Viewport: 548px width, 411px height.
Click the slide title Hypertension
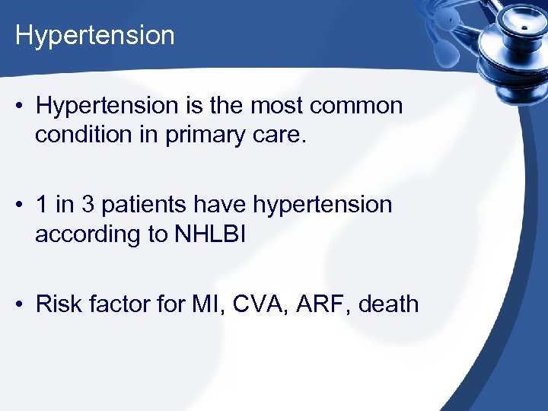(95, 36)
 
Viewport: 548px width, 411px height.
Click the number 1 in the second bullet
(42, 205)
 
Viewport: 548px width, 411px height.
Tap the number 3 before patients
(88, 205)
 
